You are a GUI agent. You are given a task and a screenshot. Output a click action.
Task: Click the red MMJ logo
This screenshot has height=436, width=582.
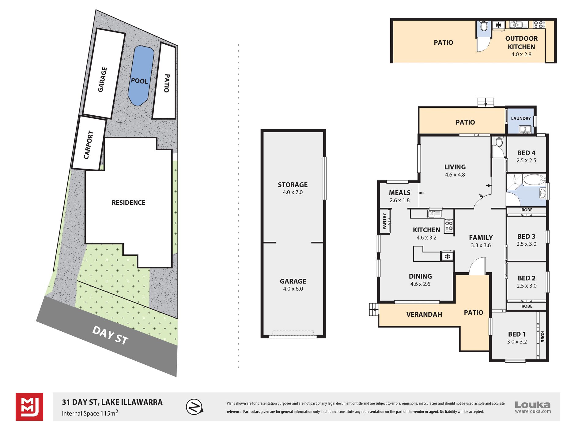pyautogui.click(x=29, y=407)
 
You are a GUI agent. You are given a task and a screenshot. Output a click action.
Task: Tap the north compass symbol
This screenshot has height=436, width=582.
pyautogui.click(x=195, y=407)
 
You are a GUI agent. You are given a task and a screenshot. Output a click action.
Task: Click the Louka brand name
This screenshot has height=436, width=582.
pyautogui.click(x=533, y=405)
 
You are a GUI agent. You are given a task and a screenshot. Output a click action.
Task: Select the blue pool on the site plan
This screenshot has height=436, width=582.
pyautogui.click(x=141, y=76)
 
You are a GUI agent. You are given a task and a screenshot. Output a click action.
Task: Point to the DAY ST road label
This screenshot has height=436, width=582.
pyautogui.click(x=110, y=335)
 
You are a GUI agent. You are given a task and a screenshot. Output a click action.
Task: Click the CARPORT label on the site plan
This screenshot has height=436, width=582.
pyautogui.click(x=89, y=145)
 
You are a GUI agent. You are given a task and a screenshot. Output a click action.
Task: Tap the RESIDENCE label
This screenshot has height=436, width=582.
pyautogui.click(x=128, y=203)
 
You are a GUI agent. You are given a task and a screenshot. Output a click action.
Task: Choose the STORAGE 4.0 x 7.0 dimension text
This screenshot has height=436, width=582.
pyautogui.click(x=293, y=192)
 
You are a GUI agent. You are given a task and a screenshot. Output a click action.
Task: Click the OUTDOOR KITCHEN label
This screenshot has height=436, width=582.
pyautogui.click(x=521, y=43)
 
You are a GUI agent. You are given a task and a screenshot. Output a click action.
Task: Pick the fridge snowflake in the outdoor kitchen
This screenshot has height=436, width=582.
pyautogui.click(x=499, y=25)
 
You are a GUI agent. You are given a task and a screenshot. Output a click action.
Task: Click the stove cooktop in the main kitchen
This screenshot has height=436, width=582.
pyautogui.click(x=449, y=226)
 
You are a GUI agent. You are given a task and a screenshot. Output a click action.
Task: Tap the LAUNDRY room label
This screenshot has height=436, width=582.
pyautogui.click(x=521, y=118)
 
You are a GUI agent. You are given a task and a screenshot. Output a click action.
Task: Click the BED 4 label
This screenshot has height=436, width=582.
pyautogui.click(x=526, y=153)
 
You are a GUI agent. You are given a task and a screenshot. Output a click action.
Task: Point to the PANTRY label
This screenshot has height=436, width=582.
pyautogui.click(x=384, y=221)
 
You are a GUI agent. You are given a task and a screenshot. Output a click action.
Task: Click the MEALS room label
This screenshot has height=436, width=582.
pyautogui.click(x=399, y=193)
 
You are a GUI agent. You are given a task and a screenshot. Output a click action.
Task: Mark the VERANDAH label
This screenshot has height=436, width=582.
pyautogui.click(x=424, y=315)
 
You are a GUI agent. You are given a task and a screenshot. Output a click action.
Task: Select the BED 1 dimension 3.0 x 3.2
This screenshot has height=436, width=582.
pyautogui.click(x=517, y=342)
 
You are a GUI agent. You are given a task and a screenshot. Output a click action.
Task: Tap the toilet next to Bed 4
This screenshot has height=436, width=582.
pyautogui.click(x=499, y=142)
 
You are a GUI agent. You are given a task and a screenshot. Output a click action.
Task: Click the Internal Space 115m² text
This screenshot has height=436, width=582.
pyautogui.click(x=90, y=413)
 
